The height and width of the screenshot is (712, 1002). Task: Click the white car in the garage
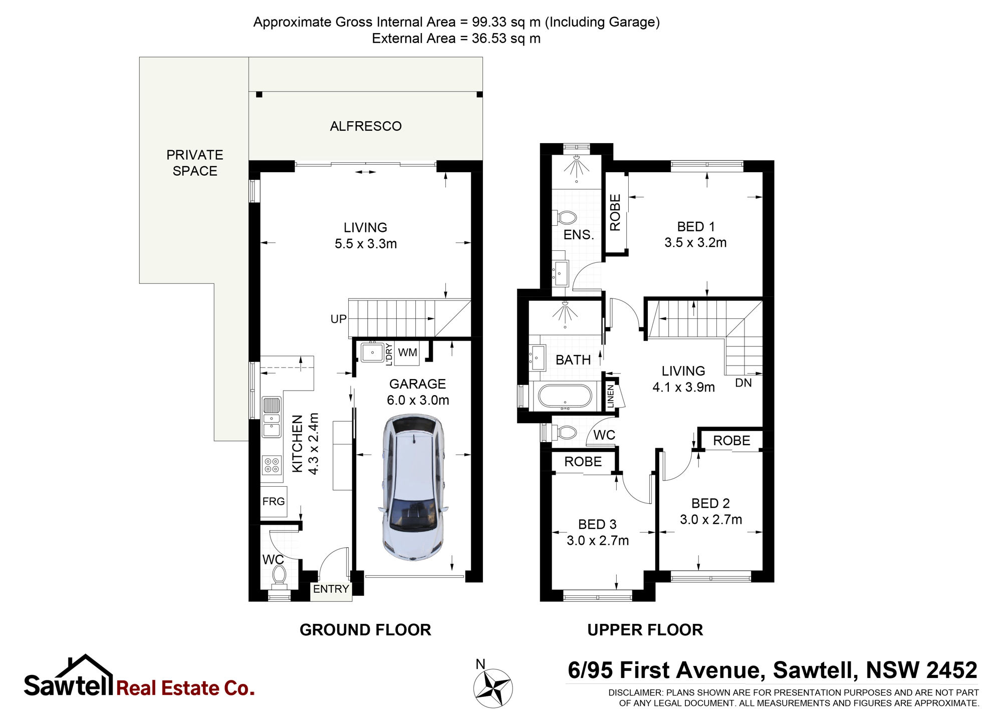click(x=413, y=487)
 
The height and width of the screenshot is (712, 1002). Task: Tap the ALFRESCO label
click(x=366, y=126)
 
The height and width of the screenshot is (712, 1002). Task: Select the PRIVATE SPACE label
click(x=195, y=163)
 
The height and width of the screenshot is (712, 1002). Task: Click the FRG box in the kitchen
click(x=274, y=502)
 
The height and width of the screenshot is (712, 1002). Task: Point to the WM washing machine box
click(x=407, y=352)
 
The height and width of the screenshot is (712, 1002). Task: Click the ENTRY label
click(x=331, y=589)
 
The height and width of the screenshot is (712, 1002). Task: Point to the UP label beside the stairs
click(x=338, y=319)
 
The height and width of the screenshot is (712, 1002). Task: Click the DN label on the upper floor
click(x=743, y=383)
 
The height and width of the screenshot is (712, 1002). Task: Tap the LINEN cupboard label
click(x=611, y=397)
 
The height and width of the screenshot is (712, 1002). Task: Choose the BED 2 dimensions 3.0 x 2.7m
click(x=711, y=520)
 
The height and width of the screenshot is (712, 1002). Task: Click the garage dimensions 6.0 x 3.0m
click(x=418, y=401)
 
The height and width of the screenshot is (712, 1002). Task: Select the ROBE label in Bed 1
click(x=615, y=212)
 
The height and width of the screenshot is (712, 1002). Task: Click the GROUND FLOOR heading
click(x=365, y=630)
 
